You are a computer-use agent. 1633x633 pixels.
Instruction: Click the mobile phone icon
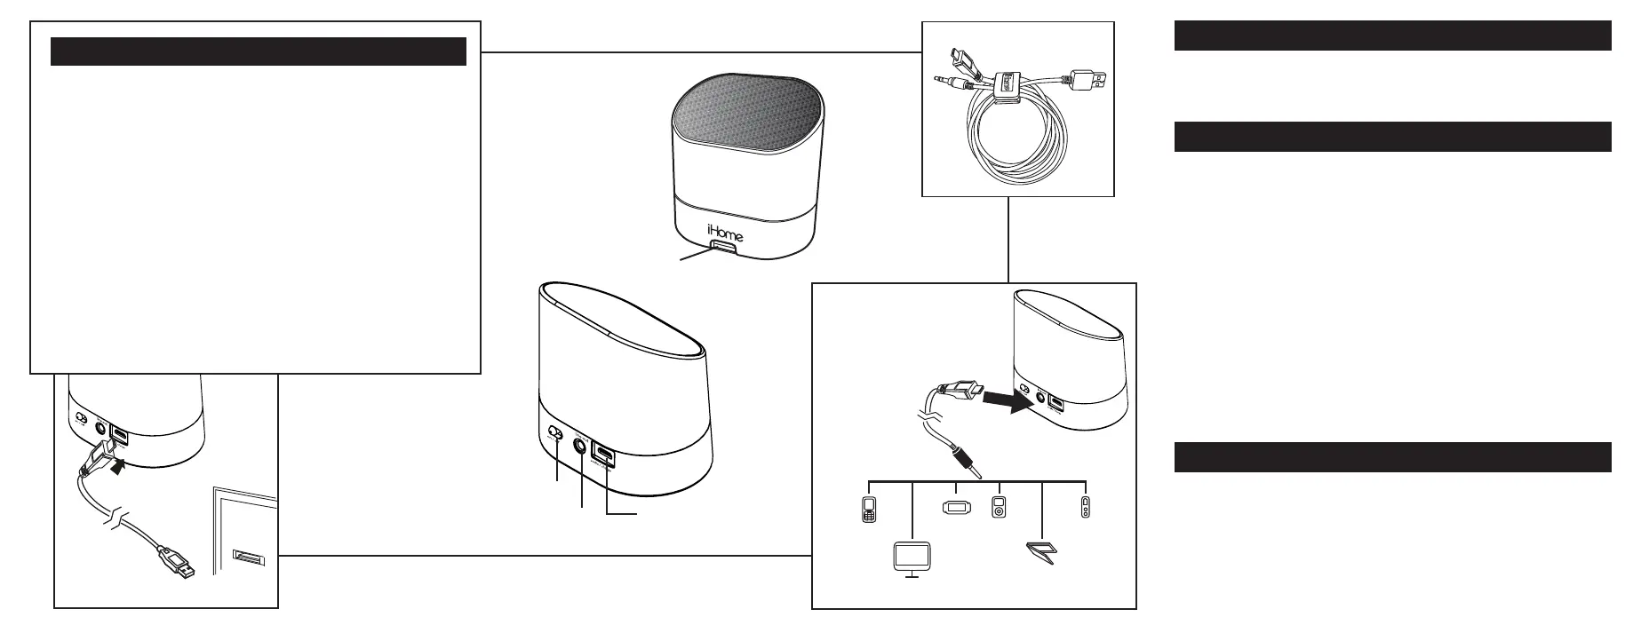click(x=869, y=510)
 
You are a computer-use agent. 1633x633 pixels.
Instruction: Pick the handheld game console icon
click(x=955, y=509)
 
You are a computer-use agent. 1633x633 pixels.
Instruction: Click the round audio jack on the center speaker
click(x=583, y=447)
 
